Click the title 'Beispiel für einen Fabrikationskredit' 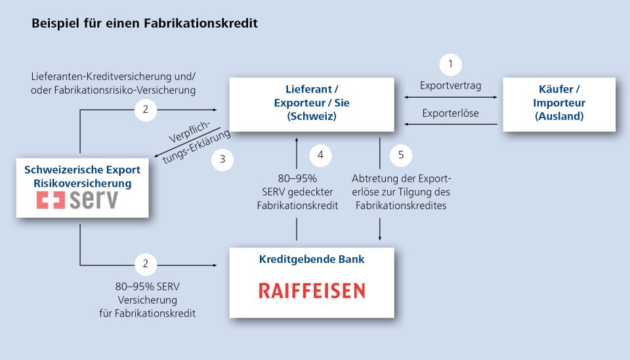144,24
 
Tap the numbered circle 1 450,64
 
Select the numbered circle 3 222,159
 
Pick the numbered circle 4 320,155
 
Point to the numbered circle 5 401,155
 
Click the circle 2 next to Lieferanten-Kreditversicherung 146,110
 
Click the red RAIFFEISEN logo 312,290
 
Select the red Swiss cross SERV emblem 51,201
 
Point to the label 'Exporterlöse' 450,113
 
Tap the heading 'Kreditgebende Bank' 312,259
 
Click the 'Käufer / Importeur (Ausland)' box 559,104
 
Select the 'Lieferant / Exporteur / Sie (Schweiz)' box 312,104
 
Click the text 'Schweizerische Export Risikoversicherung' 82,176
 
